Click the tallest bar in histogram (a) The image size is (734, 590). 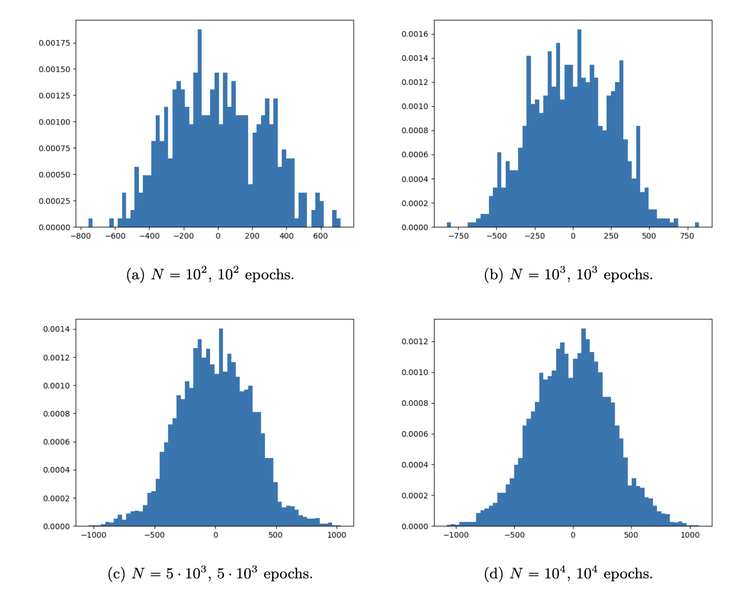click(200, 127)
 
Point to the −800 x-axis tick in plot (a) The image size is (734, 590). click(80, 236)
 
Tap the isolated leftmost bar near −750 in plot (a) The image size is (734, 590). click(90, 223)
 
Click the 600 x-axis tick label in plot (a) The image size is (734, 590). click(320, 236)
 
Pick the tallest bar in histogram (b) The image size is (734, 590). click(579, 127)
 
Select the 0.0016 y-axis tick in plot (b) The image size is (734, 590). click(415, 34)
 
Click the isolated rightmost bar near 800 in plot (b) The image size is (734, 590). click(697, 225)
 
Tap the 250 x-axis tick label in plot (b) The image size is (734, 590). click(611, 236)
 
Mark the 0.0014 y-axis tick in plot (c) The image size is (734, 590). click(57, 329)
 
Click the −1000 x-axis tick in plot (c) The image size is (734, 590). click(94, 535)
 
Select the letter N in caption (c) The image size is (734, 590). click(138, 573)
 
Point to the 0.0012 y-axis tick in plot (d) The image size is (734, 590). click(415, 342)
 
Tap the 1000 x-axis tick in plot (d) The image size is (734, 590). click(690, 535)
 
